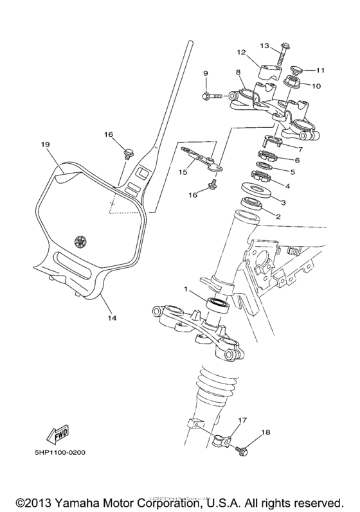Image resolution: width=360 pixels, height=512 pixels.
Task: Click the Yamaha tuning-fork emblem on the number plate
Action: point(80,242)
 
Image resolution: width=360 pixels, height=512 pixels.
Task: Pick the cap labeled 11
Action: point(296,69)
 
